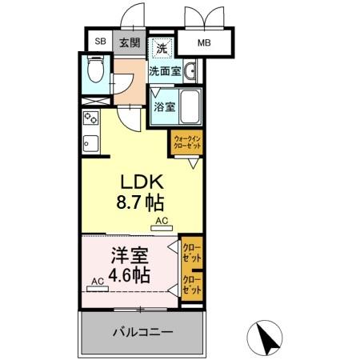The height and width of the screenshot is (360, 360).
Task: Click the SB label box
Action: click(x=100, y=41)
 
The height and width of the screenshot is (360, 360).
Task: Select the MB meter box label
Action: click(x=206, y=42)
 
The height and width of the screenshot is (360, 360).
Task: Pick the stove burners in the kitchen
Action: click(x=90, y=119)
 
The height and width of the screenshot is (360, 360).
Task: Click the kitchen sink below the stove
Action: click(x=90, y=146)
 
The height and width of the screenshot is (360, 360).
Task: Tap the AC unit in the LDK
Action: click(x=160, y=227)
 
